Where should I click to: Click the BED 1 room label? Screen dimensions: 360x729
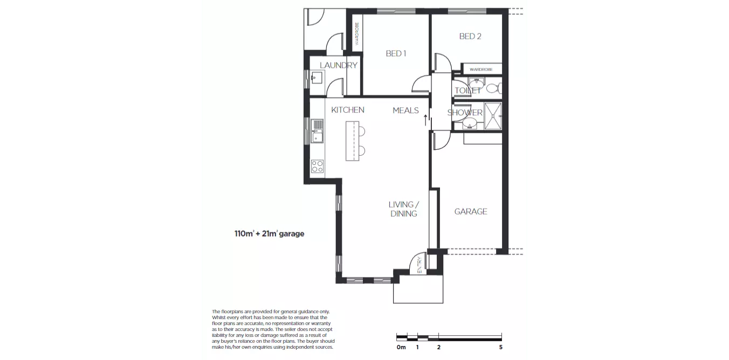[x=395, y=53]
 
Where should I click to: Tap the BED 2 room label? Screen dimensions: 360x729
[x=470, y=36]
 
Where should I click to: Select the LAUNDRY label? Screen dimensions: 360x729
[x=339, y=65]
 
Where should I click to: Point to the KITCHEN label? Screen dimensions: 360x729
[x=347, y=110]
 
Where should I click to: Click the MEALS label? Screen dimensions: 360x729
[x=405, y=110]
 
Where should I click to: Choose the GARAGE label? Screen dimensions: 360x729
[x=471, y=211]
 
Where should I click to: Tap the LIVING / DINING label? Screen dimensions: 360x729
[x=404, y=209]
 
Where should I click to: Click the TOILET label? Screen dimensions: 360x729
[x=467, y=91]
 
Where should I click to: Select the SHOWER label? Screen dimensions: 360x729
[x=465, y=113]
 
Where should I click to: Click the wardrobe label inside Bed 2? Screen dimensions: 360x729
[x=481, y=70]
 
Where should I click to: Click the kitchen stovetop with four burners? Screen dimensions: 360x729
[x=317, y=167]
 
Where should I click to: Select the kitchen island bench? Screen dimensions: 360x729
[x=352, y=141]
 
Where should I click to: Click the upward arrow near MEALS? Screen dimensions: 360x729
[x=425, y=120]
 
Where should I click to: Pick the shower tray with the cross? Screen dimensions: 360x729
[x=493, y=116]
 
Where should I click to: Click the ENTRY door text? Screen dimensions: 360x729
[x=419, y=264]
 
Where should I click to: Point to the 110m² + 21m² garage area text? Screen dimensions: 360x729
[x=269, y=234]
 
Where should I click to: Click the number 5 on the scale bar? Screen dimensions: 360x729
[x=501, y=348]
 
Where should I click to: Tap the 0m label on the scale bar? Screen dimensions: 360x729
[x=401, y=348]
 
